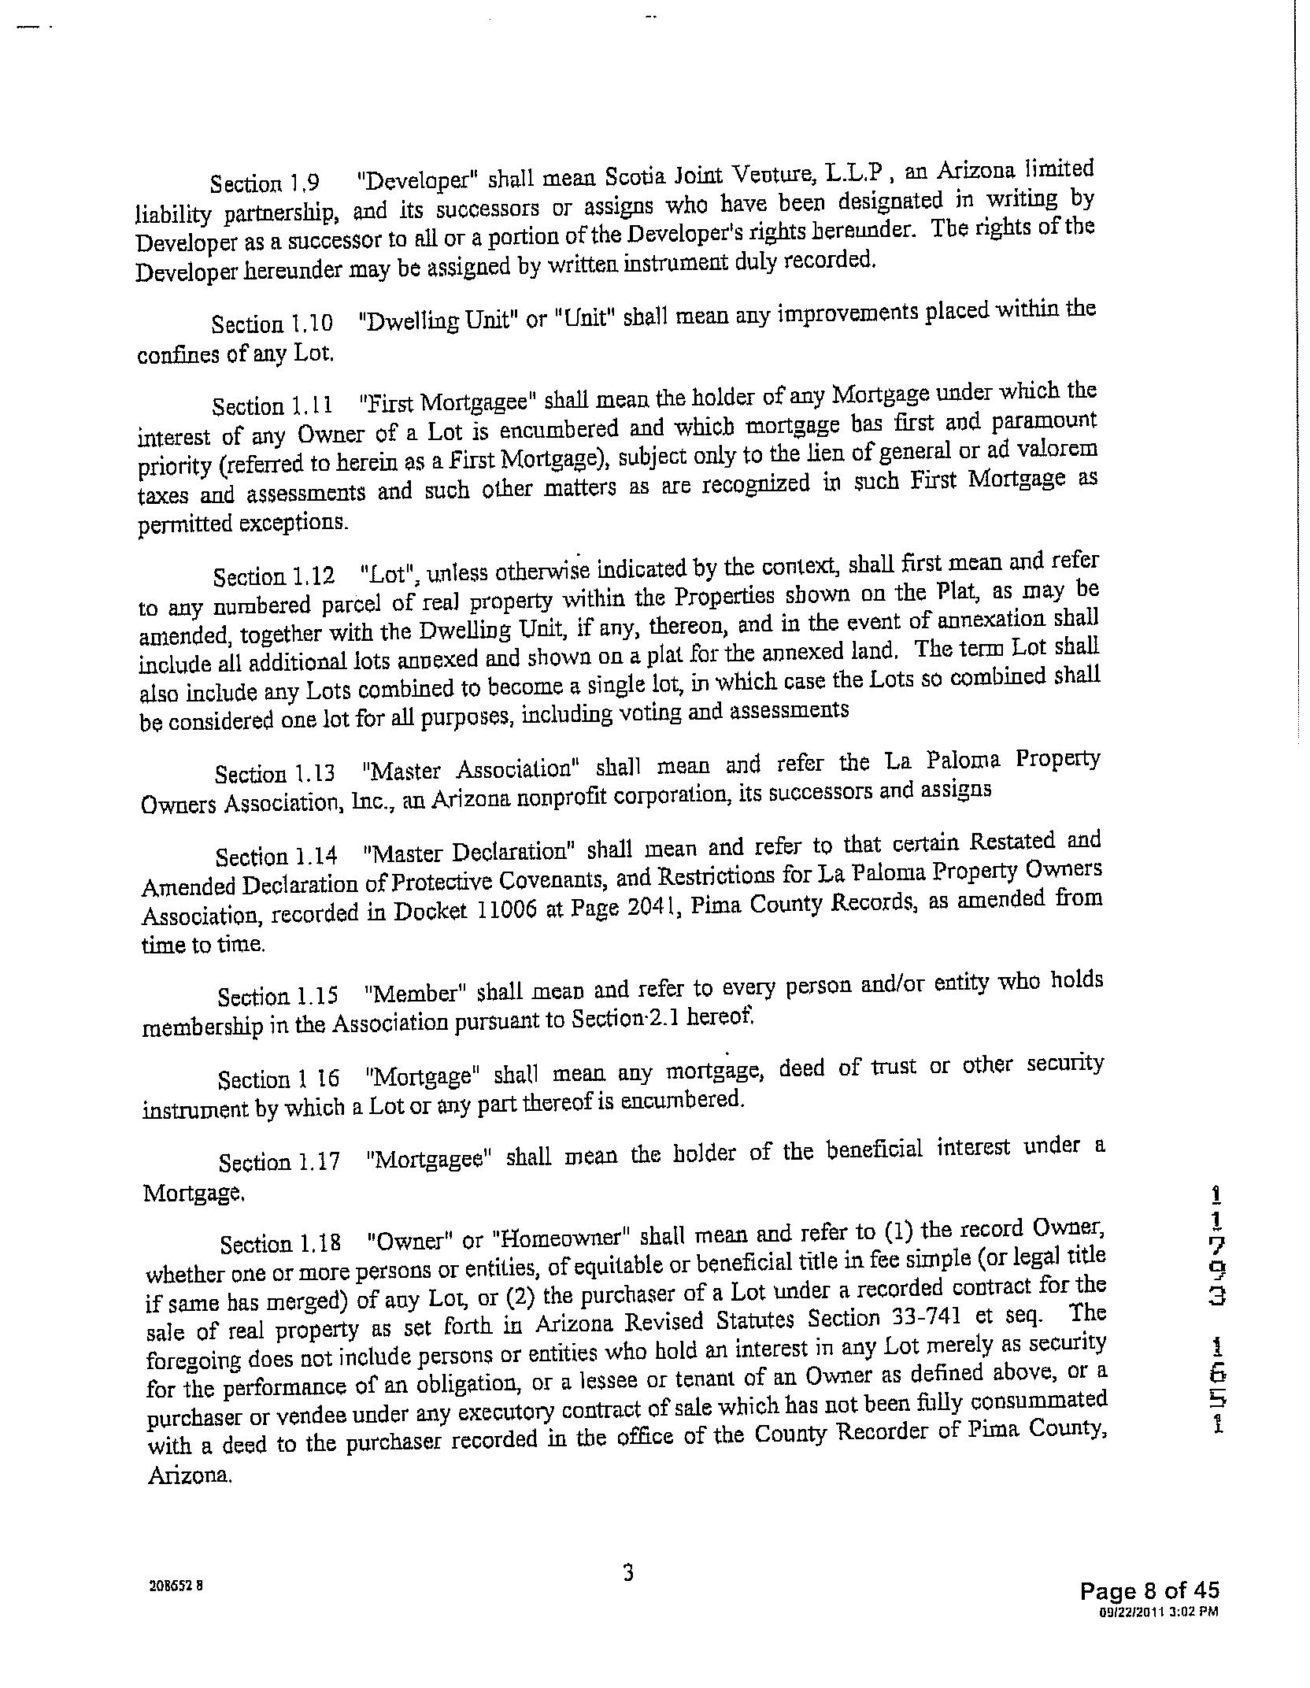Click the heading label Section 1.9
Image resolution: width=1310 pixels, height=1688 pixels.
(x=265, y=183)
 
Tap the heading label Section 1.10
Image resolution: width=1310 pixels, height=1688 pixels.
(x=272, y=324)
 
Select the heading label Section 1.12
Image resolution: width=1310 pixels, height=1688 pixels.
(x=273, y=577)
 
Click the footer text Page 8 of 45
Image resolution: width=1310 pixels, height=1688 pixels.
(x=1149, y=1591)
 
